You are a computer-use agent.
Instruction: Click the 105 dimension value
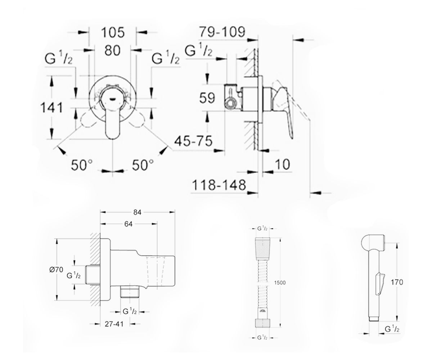click(113, 32)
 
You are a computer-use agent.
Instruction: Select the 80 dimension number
click(112, 50)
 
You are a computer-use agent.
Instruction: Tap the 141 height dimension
click(51, 108)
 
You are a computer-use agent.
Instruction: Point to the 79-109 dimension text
click(222, 32)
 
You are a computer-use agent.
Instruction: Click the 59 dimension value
click(207, 98)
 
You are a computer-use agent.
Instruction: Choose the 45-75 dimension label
click(193, 141)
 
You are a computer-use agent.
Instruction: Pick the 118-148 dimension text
click(219, 185)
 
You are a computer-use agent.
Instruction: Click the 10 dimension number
click(282, 165)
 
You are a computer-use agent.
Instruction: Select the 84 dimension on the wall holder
click(137, 212)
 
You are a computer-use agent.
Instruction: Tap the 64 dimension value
click(128, 224)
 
